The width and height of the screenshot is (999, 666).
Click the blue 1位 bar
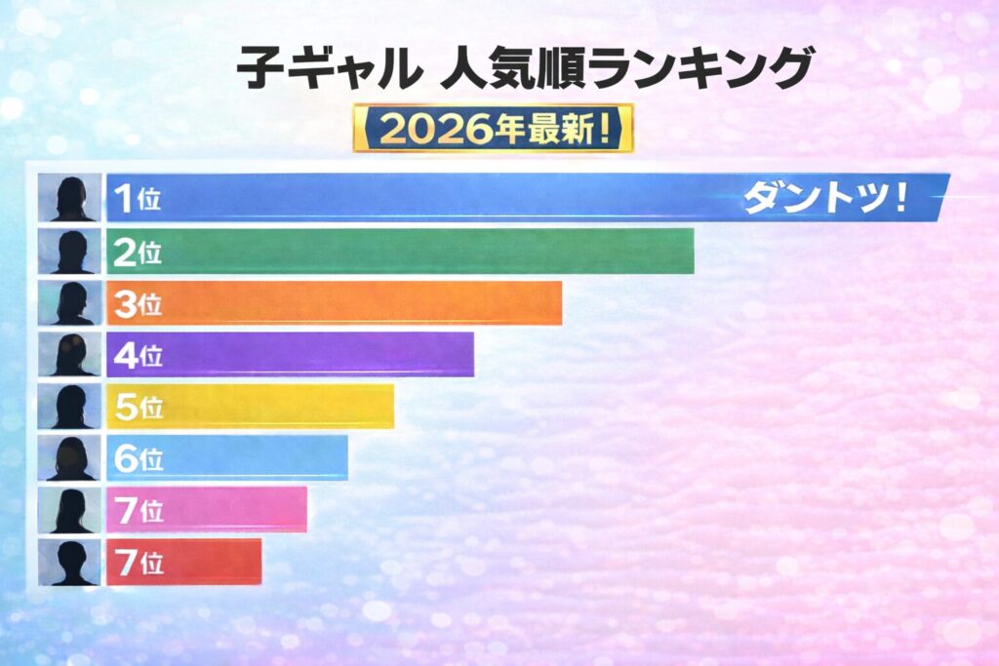(x=439, y=198)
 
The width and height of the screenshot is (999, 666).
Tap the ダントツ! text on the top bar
(x=825, y=199)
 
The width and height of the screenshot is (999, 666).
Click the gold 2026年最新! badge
(x=493, y=129)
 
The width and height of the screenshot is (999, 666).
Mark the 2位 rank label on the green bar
(x=138, y=253)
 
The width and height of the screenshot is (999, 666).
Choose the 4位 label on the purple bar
(x=138, y=356)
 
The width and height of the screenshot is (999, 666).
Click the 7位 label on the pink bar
(x=138, y=511)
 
